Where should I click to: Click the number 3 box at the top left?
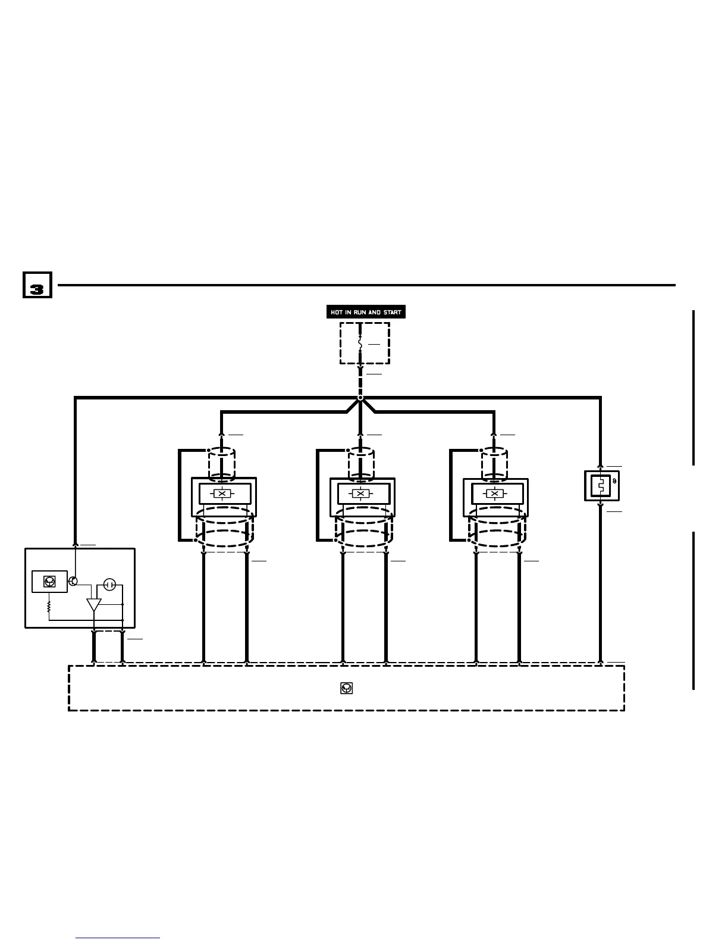(x=37, y=285)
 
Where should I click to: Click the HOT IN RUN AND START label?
(x=366, y=312)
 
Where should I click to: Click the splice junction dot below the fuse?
(x=360, y=398)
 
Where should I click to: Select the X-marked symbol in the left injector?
(x=222, y=494)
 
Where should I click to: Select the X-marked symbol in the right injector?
(x=494, y=494)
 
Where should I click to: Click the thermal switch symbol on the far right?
(x=601, y=485)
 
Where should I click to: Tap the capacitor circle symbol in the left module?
(x=109, y=585)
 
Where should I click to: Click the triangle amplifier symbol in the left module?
(x=94, y=605)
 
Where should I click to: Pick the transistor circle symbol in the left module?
(x=74, y=581)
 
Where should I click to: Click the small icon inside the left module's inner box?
(x=50, y=581)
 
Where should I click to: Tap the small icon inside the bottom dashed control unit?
(x=347, y=688)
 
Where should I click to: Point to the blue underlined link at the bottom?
(x=118, y=938)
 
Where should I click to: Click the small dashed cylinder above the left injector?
(x=221, y=464)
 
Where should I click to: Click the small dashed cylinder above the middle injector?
(x=360, y=464)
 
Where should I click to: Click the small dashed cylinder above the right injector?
(x=494, y=464)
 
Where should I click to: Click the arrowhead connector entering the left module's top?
(x=76, y=544)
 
